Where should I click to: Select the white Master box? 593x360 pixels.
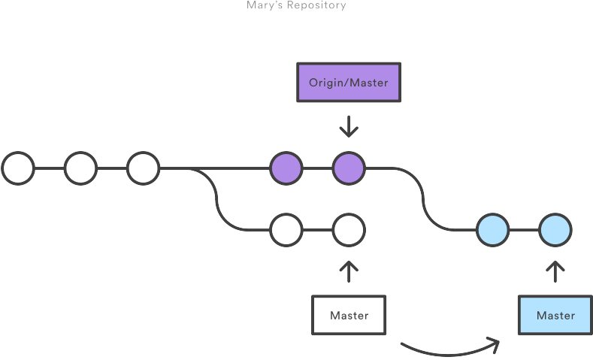coord(349,315)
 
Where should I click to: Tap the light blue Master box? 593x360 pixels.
coord(555,315)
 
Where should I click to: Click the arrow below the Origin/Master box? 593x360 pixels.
coord(349,126)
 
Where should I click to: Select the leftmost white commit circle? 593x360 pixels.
coord(18,168)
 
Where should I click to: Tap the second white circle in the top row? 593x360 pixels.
coord(80,168)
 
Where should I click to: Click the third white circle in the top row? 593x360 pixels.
coord(143,168)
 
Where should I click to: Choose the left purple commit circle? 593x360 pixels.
coord(286,168)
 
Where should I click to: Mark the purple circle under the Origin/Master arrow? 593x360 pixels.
coord(349,168)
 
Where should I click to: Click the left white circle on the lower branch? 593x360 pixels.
coord(286,230)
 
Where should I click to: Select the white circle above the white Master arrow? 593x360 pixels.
coord(349,230)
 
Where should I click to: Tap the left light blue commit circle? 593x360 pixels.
coord(493,230)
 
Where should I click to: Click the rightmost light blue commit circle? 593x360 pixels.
coord(555,230)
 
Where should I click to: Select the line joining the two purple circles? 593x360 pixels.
coord(318,168)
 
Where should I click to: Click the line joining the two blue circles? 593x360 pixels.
coord(525,230)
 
